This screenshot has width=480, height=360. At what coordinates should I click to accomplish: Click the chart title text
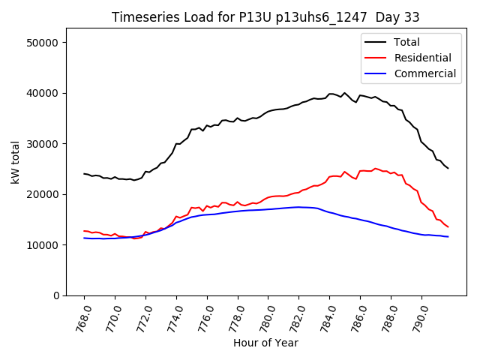pyautogui.click(x=265, y=17)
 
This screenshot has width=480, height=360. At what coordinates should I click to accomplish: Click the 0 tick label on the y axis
pyautogui.click(x=57, y=295)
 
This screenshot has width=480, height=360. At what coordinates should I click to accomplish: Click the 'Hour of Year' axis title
pyautogui.click(x=265, y=343)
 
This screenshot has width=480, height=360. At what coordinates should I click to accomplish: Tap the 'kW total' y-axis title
pyautogui.click(x=16, y=163)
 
